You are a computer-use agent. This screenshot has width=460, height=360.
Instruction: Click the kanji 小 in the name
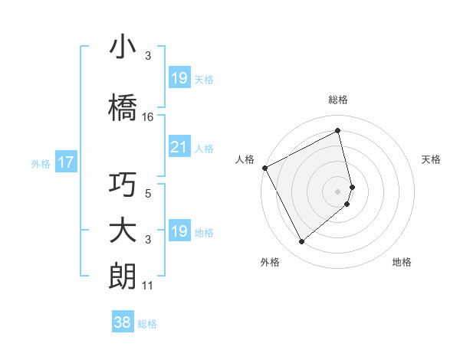[x=123, y=47]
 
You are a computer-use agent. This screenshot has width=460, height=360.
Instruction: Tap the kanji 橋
[x=123, y=107]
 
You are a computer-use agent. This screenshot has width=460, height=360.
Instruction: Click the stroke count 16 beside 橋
[x=148, y=117]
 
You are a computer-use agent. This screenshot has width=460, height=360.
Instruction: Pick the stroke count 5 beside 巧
[x=148, y=194]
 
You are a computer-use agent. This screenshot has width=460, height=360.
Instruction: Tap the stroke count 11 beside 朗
[x=148, y=286]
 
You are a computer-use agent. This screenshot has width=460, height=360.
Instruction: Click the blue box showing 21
[x=179, y=147]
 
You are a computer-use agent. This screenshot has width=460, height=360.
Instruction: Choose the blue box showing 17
[x=65, y=162]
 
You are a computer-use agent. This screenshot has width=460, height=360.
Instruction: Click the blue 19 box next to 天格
[x=179, y=78]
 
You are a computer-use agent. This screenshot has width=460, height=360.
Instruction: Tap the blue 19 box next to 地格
[x=179, y=231]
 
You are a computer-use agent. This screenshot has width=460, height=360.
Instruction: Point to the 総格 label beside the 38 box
[x=147, y=324]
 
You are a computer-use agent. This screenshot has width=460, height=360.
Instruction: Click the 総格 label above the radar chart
[x=337, y=100]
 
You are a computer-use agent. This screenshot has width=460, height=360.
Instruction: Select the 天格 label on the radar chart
[x=431, y=159]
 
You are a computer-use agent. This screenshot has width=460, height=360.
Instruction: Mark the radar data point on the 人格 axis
[x=264, y=168]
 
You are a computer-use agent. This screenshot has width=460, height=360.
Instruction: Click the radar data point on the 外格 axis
[x=301, y=242]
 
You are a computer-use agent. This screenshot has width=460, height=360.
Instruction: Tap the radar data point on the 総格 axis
[x=337, y=131]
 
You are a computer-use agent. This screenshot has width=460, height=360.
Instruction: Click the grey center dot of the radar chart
[x=337, y=191]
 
